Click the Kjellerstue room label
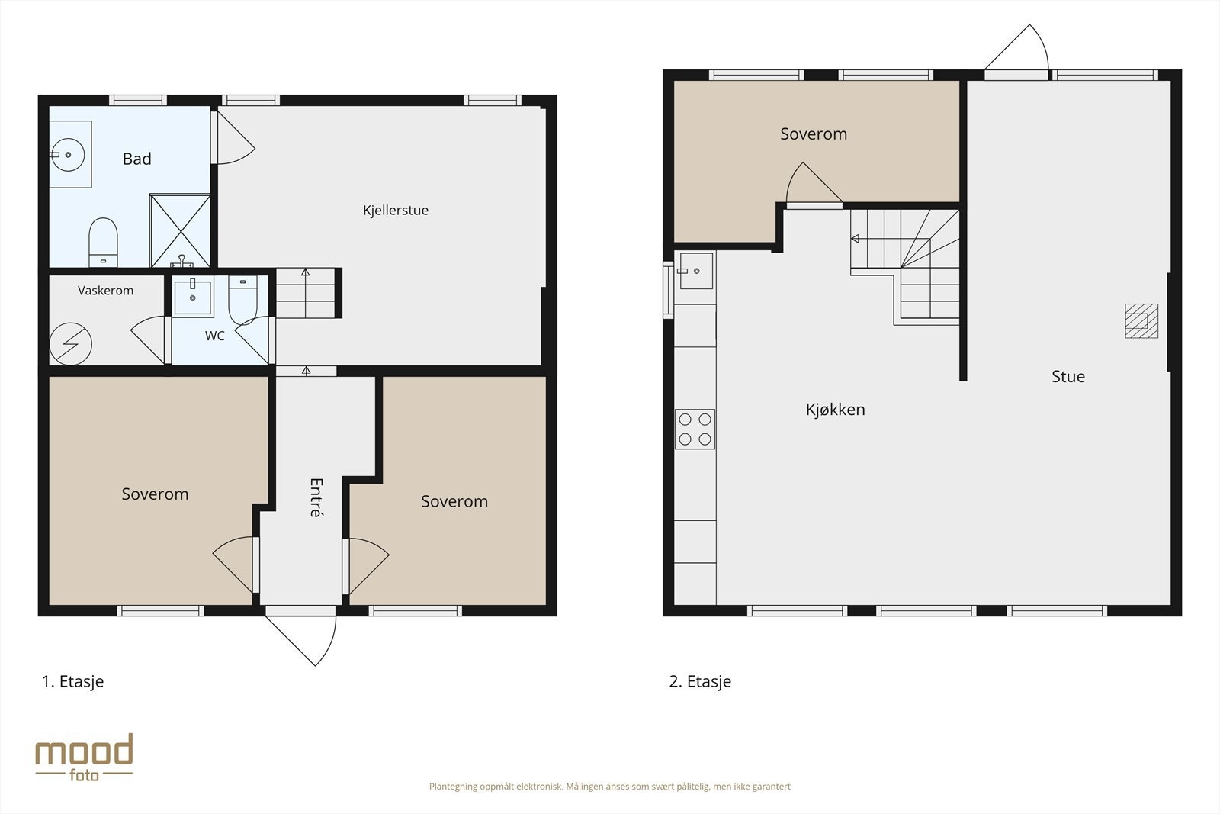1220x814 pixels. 396,211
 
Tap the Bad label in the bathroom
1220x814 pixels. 136,159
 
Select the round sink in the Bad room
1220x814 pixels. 68,155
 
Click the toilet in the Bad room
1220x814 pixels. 103,243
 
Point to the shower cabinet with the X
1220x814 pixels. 180,230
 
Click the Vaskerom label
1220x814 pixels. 106,291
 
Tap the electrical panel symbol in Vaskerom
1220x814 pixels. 71,344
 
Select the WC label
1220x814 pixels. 214,336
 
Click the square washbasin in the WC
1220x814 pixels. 192,297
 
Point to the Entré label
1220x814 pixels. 316,497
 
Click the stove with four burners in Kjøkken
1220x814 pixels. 695,430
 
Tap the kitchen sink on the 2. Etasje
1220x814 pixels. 696,271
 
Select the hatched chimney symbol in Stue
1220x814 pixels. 1141,321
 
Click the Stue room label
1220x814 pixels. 1068,377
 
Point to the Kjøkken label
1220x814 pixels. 836,409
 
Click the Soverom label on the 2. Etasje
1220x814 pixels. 814,134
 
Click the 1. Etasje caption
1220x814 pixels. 73,681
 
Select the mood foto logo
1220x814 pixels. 85,758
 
